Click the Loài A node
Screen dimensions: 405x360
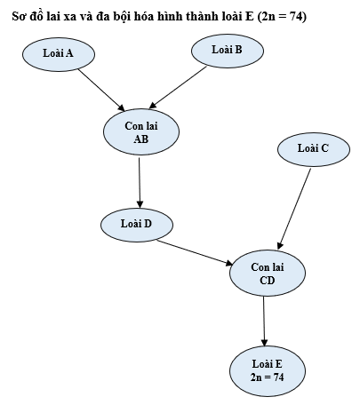(58, 54)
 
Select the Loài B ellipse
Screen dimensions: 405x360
(228, 51)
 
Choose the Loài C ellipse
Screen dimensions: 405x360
(313, 148)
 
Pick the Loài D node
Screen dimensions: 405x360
(137, 224)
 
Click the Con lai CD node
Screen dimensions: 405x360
(267, 274)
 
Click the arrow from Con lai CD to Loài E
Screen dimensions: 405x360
(265, 321)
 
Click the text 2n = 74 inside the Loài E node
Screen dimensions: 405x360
(267, 378)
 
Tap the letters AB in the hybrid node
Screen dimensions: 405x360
(140, 139)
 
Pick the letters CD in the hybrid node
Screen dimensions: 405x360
(267, 282)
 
